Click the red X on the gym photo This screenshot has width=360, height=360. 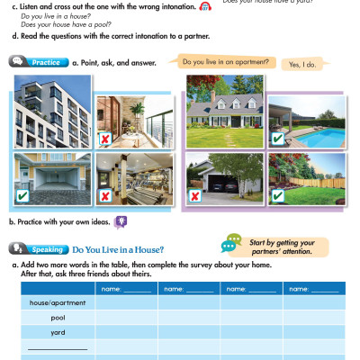pos(105,195)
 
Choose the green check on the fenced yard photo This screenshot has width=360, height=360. pos(277,195)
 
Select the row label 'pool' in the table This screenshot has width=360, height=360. pos(58,318)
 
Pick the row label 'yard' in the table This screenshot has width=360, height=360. pos(58,332)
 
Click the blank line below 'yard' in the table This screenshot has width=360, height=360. pos(58,347)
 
